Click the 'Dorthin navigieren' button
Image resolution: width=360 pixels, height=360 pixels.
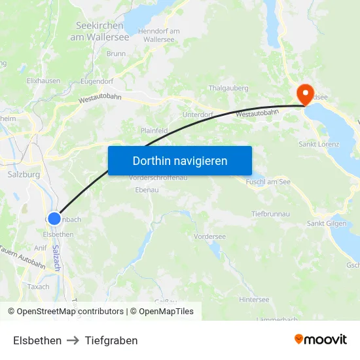180,160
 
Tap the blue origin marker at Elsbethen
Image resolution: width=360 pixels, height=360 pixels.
54,219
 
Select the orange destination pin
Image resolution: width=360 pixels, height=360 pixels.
305,93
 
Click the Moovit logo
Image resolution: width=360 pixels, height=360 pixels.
321,340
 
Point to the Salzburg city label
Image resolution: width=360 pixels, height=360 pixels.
24,175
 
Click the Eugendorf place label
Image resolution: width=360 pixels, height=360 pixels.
97,81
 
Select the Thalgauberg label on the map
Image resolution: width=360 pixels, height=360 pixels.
228,88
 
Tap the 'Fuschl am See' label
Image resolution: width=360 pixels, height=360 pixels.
268,181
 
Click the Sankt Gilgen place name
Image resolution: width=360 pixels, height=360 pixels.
327,224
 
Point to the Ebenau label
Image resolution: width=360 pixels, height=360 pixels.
147,189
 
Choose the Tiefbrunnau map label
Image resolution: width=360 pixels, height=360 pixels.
271,214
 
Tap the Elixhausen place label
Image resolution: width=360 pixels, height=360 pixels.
43,81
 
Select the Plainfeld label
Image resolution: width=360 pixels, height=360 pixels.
154,131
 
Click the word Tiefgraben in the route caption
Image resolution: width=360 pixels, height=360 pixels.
111,340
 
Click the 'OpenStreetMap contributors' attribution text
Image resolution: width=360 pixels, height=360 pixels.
70,312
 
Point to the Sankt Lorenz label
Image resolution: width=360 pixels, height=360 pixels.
319,144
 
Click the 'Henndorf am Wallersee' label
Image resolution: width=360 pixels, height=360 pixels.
159,35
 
